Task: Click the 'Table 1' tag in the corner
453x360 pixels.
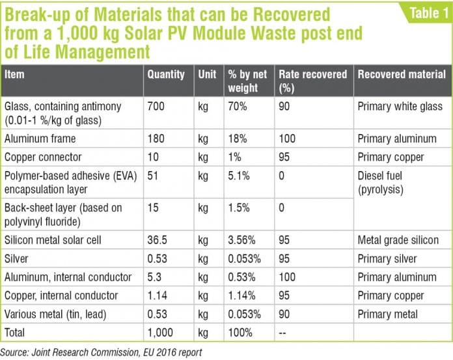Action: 422,14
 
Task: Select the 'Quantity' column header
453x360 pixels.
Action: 166,74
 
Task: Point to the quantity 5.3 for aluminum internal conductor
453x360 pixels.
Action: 154,277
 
